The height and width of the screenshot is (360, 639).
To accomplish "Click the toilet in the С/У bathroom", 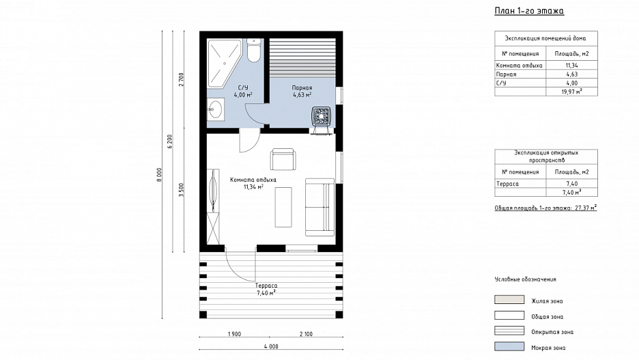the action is pos(253,51).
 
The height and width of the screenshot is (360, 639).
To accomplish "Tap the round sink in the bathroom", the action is pos(215,109).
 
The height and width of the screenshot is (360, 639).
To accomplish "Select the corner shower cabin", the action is pos(224,64).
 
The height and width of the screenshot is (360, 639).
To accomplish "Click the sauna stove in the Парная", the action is pos(322,116).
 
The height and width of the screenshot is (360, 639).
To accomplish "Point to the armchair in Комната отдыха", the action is pos(283,159).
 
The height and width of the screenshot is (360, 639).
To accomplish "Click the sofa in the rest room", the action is pos(320,207).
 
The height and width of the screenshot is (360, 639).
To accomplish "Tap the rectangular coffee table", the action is pos(283,207).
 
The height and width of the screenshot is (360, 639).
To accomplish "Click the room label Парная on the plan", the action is pos(302,87).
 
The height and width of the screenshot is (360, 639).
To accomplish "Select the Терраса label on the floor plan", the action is pos(266,286).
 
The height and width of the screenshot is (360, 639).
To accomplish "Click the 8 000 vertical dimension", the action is pos(159,175).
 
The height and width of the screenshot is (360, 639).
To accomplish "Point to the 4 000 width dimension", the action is pos(271,346).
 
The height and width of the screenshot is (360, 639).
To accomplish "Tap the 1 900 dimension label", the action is pos(234,334).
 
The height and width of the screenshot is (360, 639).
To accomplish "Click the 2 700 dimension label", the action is pos(182,79).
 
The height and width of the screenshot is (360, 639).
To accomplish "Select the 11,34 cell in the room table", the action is pos(572,65).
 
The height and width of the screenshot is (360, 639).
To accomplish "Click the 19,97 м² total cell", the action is pos(572,92).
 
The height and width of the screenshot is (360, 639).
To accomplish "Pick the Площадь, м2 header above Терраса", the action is pos(572,172).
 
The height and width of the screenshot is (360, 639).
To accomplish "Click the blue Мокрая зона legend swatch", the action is pos(509,346).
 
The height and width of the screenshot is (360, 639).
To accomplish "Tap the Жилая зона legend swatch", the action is pos(509,300).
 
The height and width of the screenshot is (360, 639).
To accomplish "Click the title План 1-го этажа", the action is pos(529,11).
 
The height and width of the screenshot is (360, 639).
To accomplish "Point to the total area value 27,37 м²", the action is pos(586,208).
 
